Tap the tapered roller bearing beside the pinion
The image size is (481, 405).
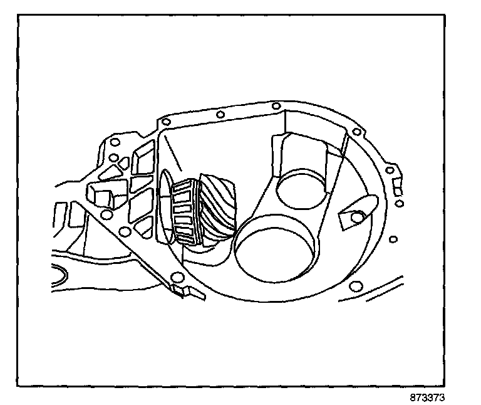click(185, 211)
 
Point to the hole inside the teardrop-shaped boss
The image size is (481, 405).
click(357, 217)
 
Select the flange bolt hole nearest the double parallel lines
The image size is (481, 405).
click(356, 286)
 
